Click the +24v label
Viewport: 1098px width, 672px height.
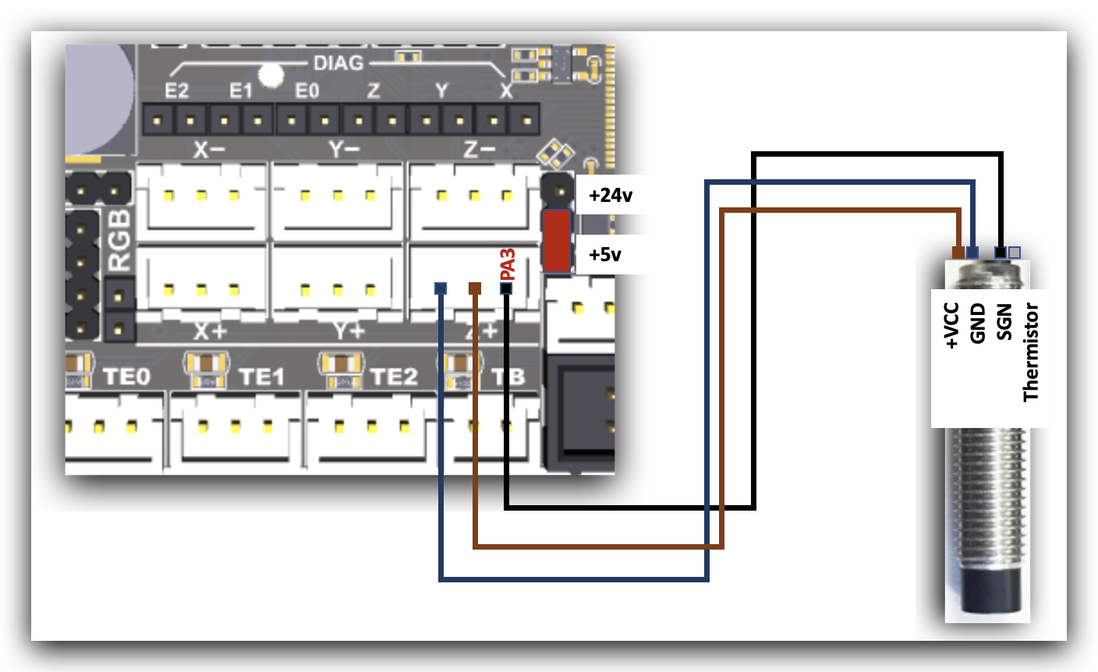coord(610,195)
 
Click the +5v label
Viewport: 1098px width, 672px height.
coord(605,254)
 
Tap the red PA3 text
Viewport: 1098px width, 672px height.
coord(508,264)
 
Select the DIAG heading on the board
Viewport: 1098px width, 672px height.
coord(338,63)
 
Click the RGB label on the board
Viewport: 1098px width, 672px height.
coord(120,239)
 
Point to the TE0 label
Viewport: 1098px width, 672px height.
coord(126,377)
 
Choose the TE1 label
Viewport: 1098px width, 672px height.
coord(261,377)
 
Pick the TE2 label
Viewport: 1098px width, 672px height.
coord(394,377)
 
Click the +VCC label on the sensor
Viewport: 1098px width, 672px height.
coord(951,326)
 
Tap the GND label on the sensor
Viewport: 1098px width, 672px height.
coord(978,324)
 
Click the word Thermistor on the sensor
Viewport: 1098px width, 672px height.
coord(1031,352)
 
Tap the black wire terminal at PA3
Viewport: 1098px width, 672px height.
coord(506,288)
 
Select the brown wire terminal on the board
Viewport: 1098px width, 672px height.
coord(474,288)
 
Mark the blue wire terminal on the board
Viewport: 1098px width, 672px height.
coord(441,288)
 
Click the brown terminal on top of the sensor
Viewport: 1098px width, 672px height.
coord(958,252)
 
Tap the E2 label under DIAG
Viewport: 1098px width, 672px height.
coord(177,91)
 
